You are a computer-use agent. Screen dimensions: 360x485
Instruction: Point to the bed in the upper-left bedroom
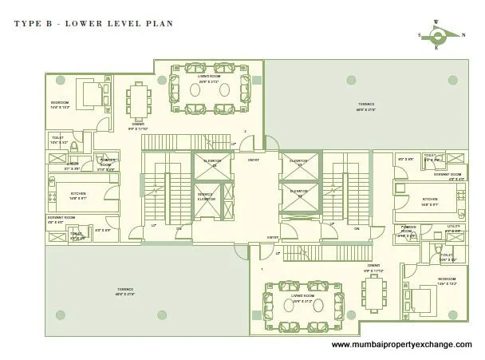pyautogui.click(x=88, y=94)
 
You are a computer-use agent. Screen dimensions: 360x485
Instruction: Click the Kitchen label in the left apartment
pyautogui.click(x=78, y=194)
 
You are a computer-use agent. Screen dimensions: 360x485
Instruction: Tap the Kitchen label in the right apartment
pyautogui.click(x=430, y=200)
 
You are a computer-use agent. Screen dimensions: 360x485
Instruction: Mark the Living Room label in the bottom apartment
pyautogui.click(x=303, y=295)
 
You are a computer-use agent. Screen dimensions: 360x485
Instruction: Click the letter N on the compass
pyautogui.click(x=465, y=34)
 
